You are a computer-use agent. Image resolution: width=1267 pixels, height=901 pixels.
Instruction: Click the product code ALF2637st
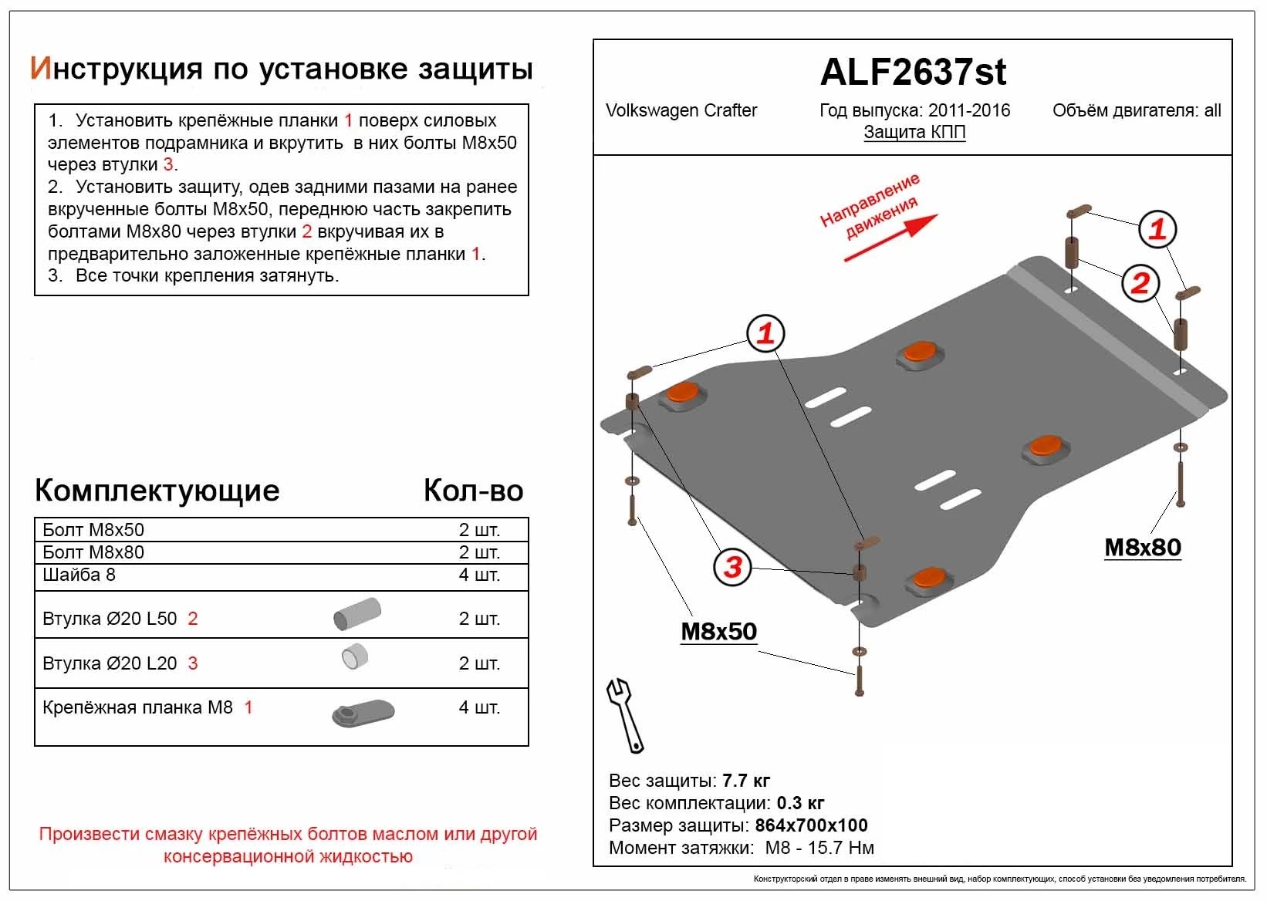click(x=913, y=72)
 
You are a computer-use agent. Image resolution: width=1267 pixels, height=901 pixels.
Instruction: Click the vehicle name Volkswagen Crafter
click(x=681, y=110)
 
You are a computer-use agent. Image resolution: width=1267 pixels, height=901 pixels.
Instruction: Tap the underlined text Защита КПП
click(x=914, y=132)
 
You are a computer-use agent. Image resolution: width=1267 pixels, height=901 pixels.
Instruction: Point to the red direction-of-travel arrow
click(x=890, y=238)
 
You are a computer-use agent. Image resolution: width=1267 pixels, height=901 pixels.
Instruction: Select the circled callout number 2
click(x=1140, y=283)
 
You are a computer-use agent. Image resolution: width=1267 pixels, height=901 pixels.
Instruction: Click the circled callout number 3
click(x=732, y=567)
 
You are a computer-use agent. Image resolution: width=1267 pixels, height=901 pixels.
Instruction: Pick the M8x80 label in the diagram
click(x=1142, y=547)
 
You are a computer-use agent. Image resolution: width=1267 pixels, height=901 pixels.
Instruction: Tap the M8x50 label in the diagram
click(x=718, y=631)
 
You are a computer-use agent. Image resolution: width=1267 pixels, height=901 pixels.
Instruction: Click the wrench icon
click(x=625, y=714)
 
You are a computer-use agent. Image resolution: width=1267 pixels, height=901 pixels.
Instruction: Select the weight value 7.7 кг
click(x=746, y=781)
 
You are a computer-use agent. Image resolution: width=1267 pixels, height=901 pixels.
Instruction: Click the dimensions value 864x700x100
click(x=811, y=825)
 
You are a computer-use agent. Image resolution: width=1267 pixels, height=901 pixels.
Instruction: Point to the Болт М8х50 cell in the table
click(x=93, y=530)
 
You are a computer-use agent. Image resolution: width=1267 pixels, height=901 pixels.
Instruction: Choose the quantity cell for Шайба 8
click(x=479, y=575)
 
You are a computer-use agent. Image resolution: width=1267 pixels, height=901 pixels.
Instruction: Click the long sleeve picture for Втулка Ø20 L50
click(x=357, y=614)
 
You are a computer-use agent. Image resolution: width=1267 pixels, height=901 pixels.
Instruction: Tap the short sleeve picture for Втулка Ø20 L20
click(x=355, y=657)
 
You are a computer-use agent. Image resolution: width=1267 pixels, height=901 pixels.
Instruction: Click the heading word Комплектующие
click(x=157, y=491)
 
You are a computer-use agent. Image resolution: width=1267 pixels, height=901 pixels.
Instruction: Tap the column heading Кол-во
click(x=473, y=491)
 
